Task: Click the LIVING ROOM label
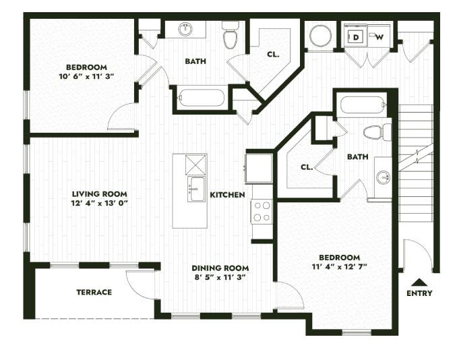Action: pyautogui.click(x=99, y=193)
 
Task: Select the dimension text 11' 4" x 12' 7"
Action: pyautogui.click(x=339, y=268)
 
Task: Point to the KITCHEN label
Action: pyautogui.click(x=227, y=195)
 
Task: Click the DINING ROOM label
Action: pyautogui.click(x=220, y=267)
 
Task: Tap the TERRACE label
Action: pyautogui.click(x=94, y=292)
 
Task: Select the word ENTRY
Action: pyautogui.click(x=419, y=293)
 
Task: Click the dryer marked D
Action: pyautogui.click(x=356, y=36)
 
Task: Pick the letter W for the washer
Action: pyautogui.click(x=379, y=36)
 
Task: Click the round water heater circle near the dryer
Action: pyautogui.click(x=320, y=36)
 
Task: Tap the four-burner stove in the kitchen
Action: pyautogui.click(x=262, y=211)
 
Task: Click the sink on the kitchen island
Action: pyautogui.click(x=197, y=189)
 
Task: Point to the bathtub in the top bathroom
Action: pyautogui.click(x=201, y=98)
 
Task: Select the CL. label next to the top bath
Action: pyautogui.click(x=273, y=54)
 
